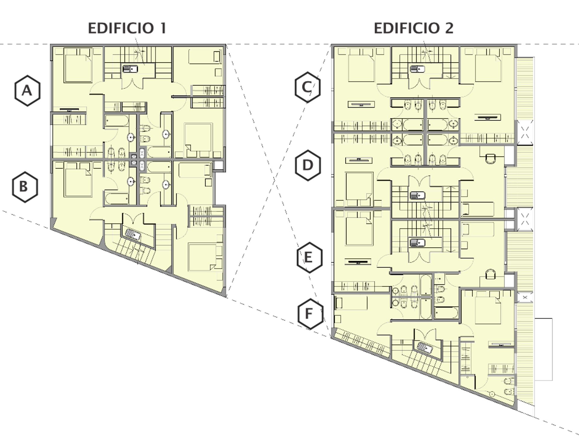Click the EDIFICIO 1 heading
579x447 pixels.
pos(127,28)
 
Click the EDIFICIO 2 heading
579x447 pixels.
pos(413,28)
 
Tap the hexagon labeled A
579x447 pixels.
pos(27,91)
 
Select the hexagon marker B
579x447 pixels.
pos(25,187)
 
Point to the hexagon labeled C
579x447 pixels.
pos(307,87)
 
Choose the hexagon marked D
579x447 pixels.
pos(308,165)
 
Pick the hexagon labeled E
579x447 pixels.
pos(309,258)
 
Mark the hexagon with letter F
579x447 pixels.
pos(310,314)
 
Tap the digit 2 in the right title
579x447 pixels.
pos(449,28)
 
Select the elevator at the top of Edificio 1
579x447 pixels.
pos(130,69)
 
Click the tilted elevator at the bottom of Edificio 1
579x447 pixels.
pos(133,234)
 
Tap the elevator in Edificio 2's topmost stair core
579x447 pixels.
pos(417,69)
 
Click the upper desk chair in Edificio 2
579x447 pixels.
pos(491,158)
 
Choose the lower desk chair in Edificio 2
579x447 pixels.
pos(491,274)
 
